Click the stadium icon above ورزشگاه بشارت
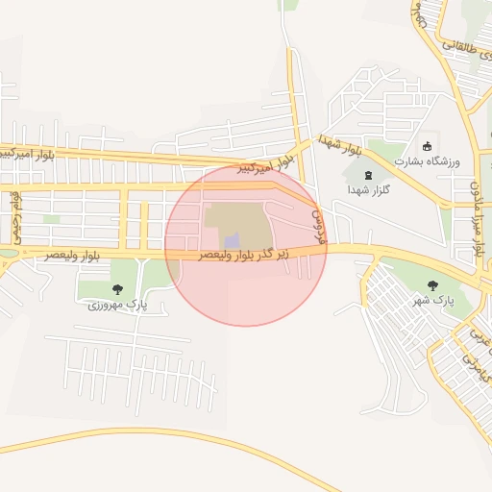click(428, 144)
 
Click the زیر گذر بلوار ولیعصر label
click(258, 255)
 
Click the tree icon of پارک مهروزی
click(117, 288)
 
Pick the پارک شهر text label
click(432, 301)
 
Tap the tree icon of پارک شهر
click(431, 284)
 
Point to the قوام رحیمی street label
click(16, 215)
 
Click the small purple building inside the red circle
click(232, 239)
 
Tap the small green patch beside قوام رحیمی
click(51, 219)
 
